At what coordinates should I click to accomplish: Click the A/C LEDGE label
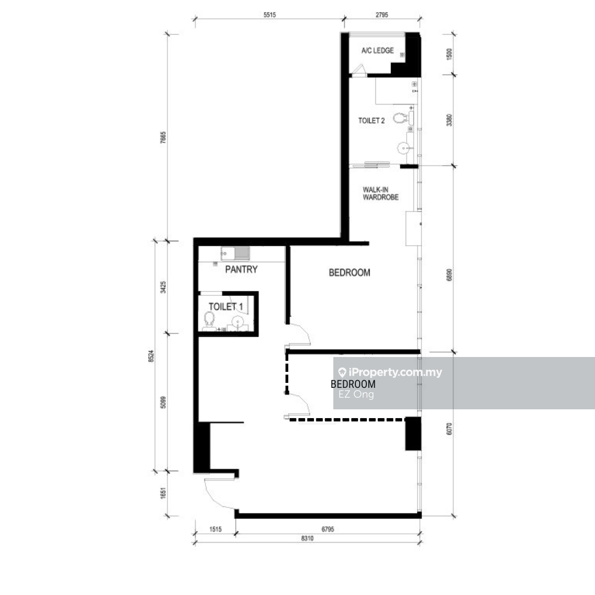377,51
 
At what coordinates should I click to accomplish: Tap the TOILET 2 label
371,121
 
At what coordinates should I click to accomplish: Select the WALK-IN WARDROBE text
381,193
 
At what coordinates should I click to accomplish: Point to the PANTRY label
241,269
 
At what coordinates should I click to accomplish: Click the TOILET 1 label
226,307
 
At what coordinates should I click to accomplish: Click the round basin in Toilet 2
404,148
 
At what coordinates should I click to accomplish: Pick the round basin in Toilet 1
237,322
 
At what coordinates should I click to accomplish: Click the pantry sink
235,253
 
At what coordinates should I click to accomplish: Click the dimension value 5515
269,15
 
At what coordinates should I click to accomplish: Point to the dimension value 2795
382,15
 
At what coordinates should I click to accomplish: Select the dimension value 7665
163,137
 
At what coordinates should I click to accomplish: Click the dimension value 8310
307,538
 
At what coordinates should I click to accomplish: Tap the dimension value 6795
328,529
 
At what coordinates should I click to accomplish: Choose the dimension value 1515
215,529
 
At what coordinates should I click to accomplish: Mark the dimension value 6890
450,275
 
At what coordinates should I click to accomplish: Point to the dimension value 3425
163,287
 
